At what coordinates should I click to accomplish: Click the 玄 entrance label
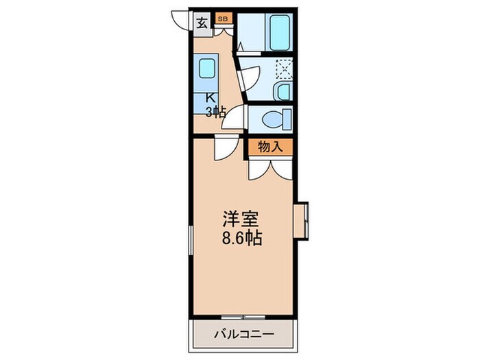[202, 22]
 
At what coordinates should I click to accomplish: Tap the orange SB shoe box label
[223, 19]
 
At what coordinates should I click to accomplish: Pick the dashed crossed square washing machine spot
[284, 69]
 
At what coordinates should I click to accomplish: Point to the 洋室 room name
[239, 221]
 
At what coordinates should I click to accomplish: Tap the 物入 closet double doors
[270, 168]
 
